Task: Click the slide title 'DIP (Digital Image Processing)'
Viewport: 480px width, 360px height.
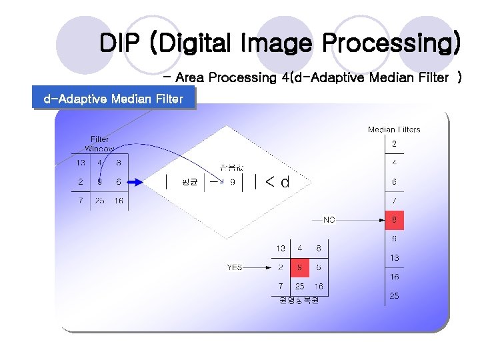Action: pyautogui.click(x=279, y=44)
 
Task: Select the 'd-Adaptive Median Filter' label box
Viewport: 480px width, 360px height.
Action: pyautogui.click(x=113, y=99)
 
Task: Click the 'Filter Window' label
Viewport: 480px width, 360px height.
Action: pyautogui.click(x=99, y=144)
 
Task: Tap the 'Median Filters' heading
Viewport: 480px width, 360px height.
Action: pyautogui.click(x=394, y=129)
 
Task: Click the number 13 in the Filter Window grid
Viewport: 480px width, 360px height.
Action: pyautogui.click(x=81, y=162)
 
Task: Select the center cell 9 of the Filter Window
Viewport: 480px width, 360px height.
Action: pyautogui.click(x=99, y=181)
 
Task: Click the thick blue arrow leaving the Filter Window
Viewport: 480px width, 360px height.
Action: pyautogui.click(x=134, y=181)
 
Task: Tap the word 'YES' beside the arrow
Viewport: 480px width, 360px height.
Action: pyautogui.click(x=235, y=267)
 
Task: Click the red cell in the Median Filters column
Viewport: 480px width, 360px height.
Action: pyautogui.click(x=394, y=219)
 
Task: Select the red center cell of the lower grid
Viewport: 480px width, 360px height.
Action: pyautogui.click(x=299, y=267)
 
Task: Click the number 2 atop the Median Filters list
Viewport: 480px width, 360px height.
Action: pyautogui.click(x=394, y=143)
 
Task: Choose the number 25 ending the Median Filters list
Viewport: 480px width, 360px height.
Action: pyautogui.click(x=394, y=295)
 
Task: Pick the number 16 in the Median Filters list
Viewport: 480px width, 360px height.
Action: pyautogui.click(x=394, y=276)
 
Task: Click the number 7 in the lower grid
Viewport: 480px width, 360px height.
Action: pyautogui.click(x=281, y=286)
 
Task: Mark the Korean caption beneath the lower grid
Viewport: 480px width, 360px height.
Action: pyautogui.click(x=299, y=300)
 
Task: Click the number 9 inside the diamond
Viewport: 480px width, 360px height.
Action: pyautogui.click(x=232, y=181)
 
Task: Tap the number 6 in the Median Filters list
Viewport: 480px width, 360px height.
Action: pyautogui.click(x=394, y=181)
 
